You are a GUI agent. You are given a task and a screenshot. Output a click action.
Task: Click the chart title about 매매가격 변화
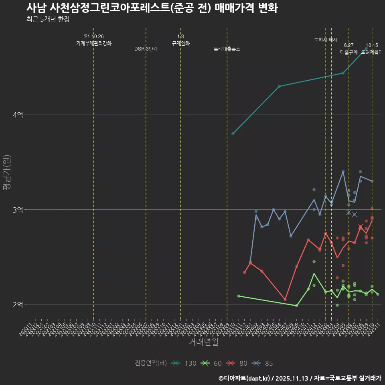pyautogui.click(x=152, y=8)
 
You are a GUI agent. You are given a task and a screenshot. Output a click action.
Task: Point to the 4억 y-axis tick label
pyautogui.click(x=18, y=115)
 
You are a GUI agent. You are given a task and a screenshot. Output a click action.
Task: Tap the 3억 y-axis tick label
pyautogui.click(x=18, y=210)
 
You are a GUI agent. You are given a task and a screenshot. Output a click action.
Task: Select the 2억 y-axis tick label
pyautogui.click(x=18, y=304)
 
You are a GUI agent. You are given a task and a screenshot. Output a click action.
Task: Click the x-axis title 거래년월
pyautogui.click(x=203, y=342)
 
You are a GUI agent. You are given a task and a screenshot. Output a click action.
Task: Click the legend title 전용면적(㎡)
pyautogui.click(x=151, y=364)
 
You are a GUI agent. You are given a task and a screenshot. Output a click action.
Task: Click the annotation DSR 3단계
pyautogui.click(x=146, y=49)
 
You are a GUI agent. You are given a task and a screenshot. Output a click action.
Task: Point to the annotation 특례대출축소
pyautogui.click(x=227, y=49)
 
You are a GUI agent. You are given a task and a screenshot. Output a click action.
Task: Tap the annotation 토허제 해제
pyautogui.click(x=326, y=40)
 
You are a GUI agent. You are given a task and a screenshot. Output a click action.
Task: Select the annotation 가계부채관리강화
pyautogui.click(x=94, y=43)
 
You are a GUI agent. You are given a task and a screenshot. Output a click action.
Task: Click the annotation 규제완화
pyautogui.click(x=180, y=43)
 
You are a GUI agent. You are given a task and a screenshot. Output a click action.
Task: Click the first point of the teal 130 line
pyautogui.click(x=233, y=134)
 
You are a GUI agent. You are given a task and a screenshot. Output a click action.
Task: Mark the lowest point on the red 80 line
pyautogui.click(x=285, y=300)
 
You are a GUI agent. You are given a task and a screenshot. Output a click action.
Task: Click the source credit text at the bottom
pyautogui.click(x=300, y=378)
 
